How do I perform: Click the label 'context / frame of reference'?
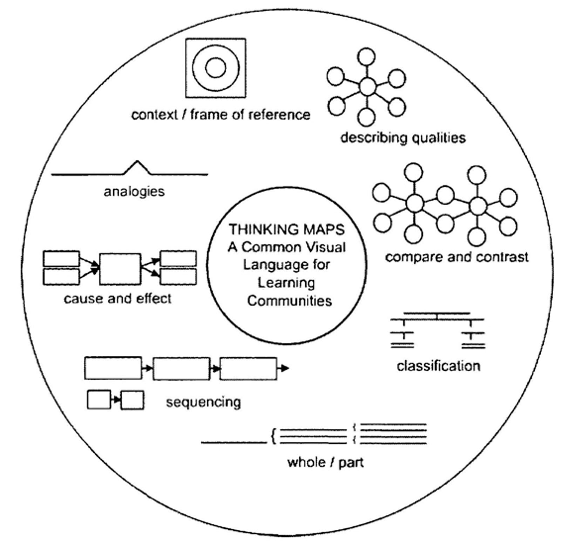(221, 115)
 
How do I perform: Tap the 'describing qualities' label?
(403, 138)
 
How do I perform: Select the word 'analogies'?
(134, 192)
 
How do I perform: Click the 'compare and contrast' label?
(457, 257)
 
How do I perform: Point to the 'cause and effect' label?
(118, 299)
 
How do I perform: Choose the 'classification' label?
(438, 366)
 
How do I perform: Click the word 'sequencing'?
(203, 402)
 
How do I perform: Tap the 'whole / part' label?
(325, 463)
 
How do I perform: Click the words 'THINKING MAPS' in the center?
(287, 230)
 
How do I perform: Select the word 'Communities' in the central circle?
(289, 301)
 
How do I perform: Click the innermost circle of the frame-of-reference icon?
(215, 68)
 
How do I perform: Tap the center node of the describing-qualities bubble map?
(367, 86)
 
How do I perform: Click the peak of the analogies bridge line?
(137, 162)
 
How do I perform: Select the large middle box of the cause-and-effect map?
(120, 269)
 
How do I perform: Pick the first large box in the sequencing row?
(113, 368)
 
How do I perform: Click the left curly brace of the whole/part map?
(273, 437)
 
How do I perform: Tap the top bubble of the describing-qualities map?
(367, 57)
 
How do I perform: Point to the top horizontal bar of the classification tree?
(437, 313)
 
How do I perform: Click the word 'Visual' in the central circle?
(329, 247)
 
